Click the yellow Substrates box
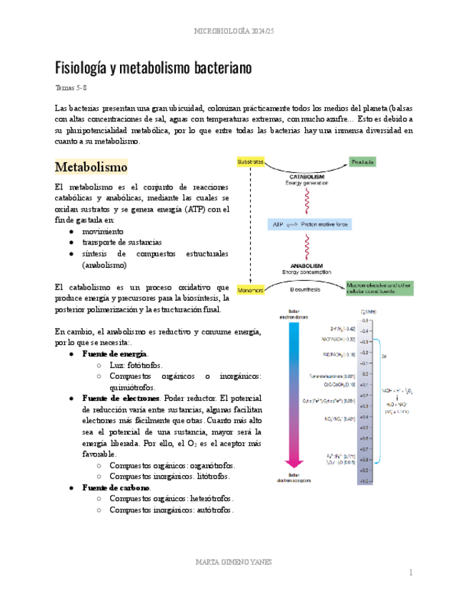(x=250, y=162)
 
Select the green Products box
(x=363, y=162)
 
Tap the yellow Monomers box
(x=250, y=290)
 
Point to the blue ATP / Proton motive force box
(x=308, y=224)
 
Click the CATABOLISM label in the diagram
(x=308, y=176)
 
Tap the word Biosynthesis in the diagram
(x=305, y=290)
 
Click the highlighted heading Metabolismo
(x=91, y=167)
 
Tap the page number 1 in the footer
(x=411, y=572)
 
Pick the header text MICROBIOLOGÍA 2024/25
(x=233, y=31)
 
